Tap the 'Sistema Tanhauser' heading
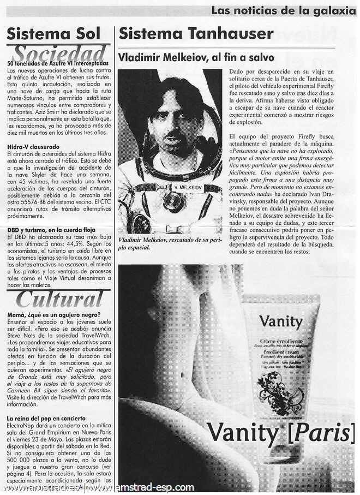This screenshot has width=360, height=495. (x=196, y=34)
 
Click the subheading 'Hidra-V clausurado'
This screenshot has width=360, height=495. (x=34, y=147)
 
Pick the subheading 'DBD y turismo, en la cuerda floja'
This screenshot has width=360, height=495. (x=55, y=230)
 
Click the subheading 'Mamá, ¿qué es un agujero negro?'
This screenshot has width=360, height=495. (x=53, y=315)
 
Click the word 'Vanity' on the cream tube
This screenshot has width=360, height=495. (x=280, y=321)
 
